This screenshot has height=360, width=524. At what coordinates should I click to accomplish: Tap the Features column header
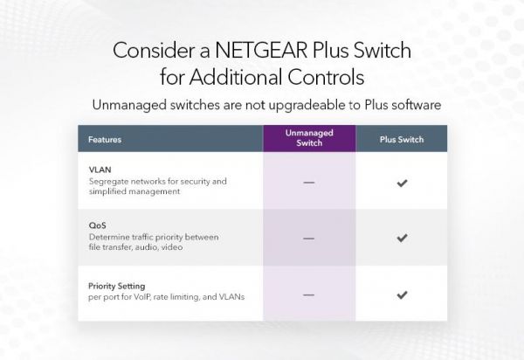coord(105,139)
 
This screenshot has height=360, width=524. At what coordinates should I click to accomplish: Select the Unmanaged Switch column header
coord(309,138)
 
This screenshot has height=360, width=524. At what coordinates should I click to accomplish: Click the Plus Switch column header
coord(401,139)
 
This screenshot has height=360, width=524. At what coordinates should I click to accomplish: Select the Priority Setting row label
coord(117,286)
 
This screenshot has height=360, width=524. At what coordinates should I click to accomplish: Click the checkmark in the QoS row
coord(402,237)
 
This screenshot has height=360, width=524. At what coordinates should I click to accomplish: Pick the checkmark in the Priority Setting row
coord(402,294)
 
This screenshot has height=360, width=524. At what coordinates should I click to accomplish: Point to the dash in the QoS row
coord(308,238)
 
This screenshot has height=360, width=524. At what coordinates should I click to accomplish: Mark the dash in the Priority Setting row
coord(308,294)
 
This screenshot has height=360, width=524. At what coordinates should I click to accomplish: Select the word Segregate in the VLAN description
coord(107,182)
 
